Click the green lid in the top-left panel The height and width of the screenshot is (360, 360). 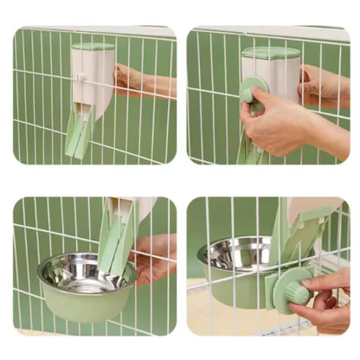93,46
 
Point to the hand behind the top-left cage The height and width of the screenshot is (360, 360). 138,82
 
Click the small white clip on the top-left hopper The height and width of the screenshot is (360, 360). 79,77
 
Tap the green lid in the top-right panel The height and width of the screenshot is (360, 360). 269,52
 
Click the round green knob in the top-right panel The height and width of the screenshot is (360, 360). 254,91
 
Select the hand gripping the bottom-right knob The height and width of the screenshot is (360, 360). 325,299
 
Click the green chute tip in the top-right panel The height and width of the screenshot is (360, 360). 249,155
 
